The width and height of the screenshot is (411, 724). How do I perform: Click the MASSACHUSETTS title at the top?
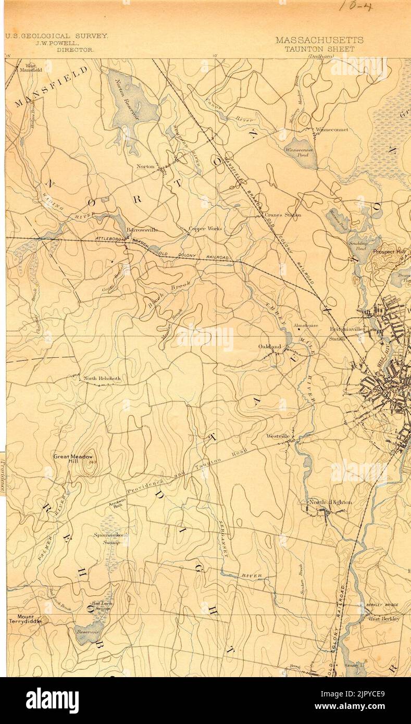(x=319, y=40)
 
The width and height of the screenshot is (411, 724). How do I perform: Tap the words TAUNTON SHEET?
(x=319, y=49)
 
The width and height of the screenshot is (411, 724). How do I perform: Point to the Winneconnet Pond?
(x=301, y=152)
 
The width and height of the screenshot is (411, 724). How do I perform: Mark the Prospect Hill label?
(x=389, y=251)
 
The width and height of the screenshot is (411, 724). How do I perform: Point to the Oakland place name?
(x=270, y=346)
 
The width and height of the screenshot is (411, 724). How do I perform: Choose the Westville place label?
(x=278, y=435)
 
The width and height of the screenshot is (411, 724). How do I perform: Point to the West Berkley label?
(x=384, y=619)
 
